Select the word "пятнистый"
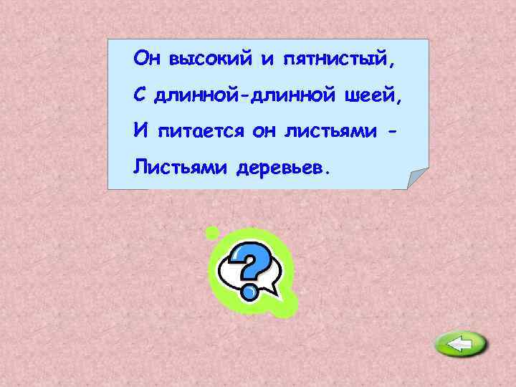click(335, 59)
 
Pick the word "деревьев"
click(282, 168)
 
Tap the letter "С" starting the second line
click(139, 94)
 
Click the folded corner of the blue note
click(415, 178)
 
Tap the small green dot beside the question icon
click(211, 232)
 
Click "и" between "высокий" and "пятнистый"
click(267, 59)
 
